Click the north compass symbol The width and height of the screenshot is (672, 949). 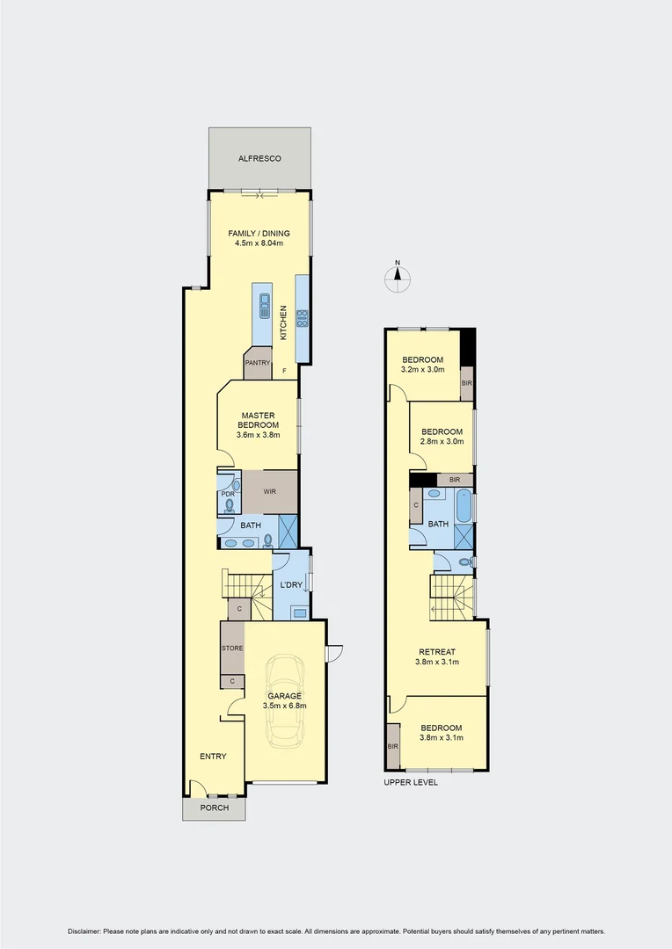[x=398, y=277]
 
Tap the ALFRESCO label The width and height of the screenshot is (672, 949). [x=259, y=158]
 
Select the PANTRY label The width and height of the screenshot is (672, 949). [x=258, y=363]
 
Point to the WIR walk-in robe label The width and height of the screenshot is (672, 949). [x=269, y=491]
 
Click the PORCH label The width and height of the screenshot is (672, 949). [x=214, y=808]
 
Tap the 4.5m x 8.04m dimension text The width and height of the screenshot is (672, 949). [x=259, y=243]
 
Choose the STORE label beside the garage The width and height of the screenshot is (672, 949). [x=231, y=648]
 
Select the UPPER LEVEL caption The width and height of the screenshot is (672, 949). [x=411, y=782]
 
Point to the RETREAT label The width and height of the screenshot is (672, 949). [x=436, y=652]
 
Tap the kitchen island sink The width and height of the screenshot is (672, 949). [x=264, y=306]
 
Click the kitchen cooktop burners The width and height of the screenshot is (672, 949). [x=302, y=318]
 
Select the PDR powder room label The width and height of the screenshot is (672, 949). [x=227, y=494]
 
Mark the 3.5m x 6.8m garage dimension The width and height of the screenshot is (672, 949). [x=284, y=706]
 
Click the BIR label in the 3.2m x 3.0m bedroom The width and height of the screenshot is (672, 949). [x=466, y=384]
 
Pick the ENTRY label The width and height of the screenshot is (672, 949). [x=213, y=757]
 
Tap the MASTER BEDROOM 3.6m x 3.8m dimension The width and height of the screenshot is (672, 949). [x=258, y=434]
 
